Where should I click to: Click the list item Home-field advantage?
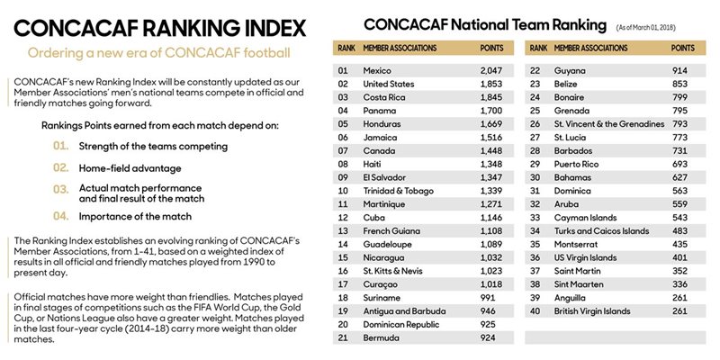tap(130, 168)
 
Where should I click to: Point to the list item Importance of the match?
tap(135, 216)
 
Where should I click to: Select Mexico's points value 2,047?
tap(491, 70)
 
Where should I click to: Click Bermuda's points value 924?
tap(488, 338)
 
